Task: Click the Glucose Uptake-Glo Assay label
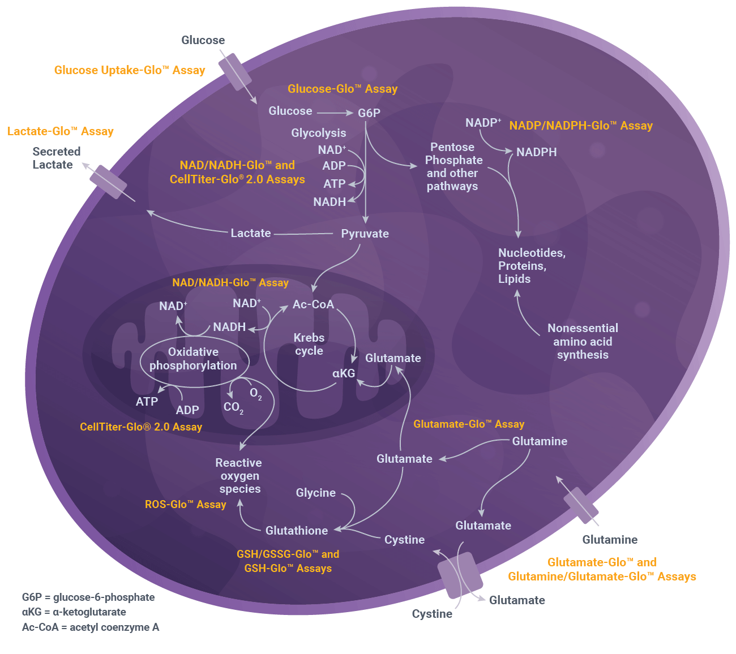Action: click(x=130, y=70)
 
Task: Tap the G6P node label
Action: click(x=369, y=113)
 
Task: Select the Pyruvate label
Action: click(x=365, y=234)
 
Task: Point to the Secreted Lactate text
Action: click(x=55, y=158)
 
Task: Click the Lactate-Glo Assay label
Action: click(x=61, y=131)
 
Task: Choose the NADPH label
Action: click(x=536, y=152)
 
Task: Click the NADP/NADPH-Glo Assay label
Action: click(x=581, y=126)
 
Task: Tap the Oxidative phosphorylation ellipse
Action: click(x=194, y=359)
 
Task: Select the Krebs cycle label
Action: click(x=309, y=344)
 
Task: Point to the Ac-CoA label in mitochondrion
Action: click(x=313, y=304)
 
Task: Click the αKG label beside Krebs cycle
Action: click(x=344, y=373)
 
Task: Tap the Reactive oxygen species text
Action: click(x=239, y=476)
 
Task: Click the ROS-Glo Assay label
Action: click(x=186, y=505)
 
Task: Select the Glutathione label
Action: click(x=297, y=531)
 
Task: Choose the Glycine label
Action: click(x=316, y=493)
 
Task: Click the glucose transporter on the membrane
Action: click(x=235, y=72)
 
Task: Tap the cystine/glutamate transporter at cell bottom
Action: click(x=459, y=575)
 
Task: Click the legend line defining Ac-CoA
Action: click(x=91, y=627)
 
